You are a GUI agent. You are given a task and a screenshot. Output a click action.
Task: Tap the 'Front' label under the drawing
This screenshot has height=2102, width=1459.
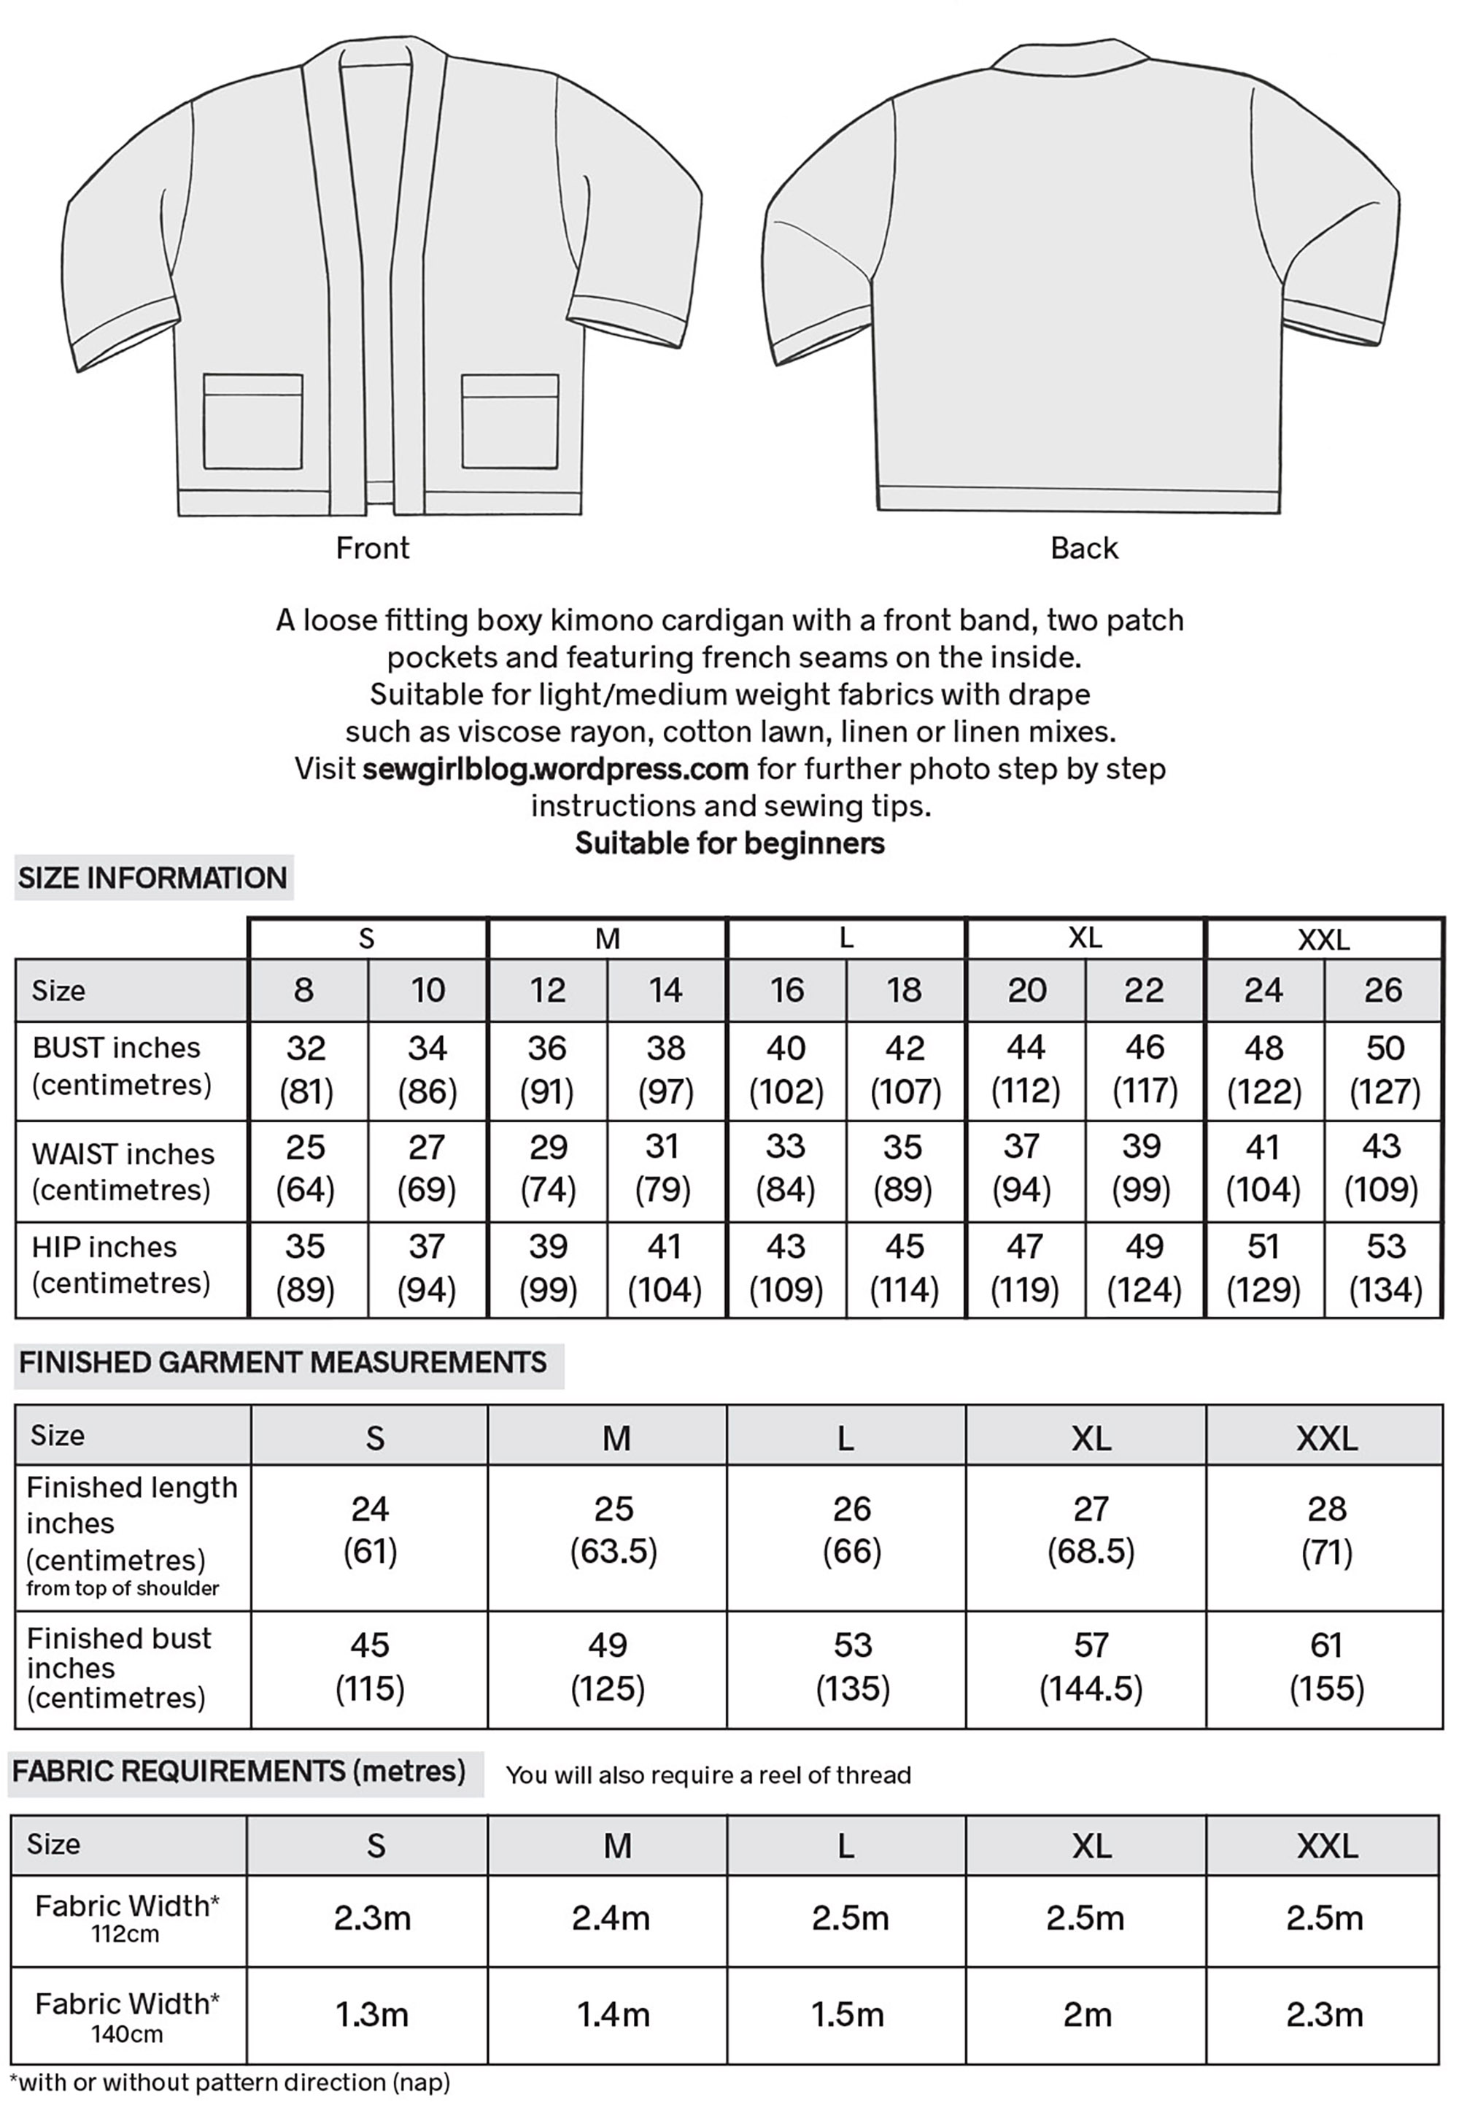(x=372, y=548)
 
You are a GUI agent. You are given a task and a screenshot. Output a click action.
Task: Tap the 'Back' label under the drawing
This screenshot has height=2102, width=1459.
(x=1083, y=548)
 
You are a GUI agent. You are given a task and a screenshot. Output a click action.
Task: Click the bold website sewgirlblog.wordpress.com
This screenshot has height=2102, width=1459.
(x=555, y=768)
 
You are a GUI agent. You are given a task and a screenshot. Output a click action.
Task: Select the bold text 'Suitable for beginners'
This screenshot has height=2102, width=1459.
(x=729, y=842)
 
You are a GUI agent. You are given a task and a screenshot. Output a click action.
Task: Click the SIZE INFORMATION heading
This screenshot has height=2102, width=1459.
(x=152, y=878)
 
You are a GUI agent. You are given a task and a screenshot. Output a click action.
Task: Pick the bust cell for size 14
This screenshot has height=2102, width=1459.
(x=665, y=1070)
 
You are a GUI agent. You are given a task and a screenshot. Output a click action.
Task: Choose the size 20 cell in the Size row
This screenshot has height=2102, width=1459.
(x=1026, y=989)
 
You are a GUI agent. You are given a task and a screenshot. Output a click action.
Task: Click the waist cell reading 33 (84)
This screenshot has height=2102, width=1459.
(x=785, y=1169)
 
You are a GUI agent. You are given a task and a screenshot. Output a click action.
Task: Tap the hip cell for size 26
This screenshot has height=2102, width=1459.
(x=1384, y=1267)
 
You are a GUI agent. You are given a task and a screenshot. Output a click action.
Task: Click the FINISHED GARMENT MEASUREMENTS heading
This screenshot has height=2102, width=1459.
(x=282, y=1362)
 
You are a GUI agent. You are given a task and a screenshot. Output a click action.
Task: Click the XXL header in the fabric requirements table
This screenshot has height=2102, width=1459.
(x=1326, y=1846)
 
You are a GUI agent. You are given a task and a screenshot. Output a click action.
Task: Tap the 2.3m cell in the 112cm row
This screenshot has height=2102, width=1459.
(x=371, y=1917)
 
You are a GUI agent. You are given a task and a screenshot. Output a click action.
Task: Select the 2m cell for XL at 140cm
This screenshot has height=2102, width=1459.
(x=1086, y=2014)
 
